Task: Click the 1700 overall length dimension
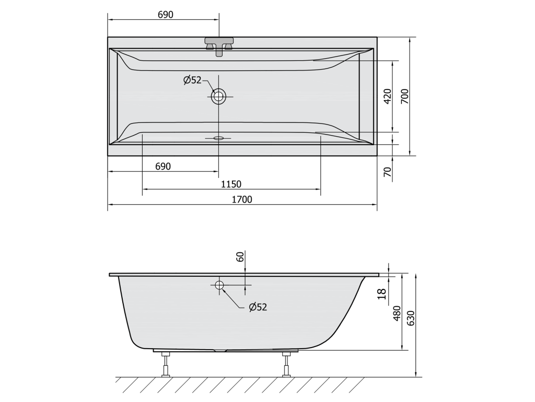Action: coord(242,199)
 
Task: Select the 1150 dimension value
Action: coord(231,184)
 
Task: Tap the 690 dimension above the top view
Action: coord(166,15)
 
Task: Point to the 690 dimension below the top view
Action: coord(163,166)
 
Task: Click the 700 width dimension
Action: coord(405,96)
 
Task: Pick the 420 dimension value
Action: coord(388,96)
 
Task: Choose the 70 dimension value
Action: coord(388,172)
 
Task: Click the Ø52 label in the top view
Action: coord(192,80)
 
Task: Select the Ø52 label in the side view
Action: coord(258,307)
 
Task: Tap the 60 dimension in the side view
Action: coord(240,256)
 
